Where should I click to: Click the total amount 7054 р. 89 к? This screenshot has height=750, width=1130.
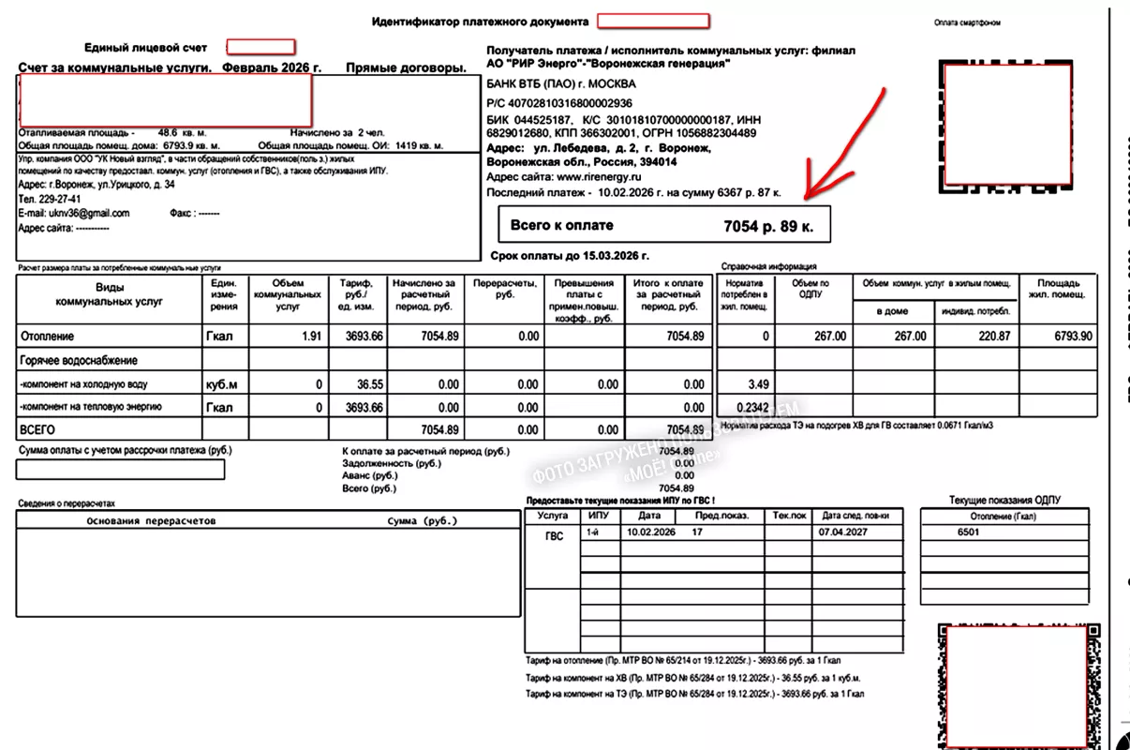pos(770,226)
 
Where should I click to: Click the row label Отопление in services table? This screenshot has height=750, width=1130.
pos(47,337)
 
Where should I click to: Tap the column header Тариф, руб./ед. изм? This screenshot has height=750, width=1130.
pos(356,294)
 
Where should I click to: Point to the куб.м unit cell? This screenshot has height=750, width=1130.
pos(221,384)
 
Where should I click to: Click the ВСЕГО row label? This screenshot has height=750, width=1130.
pos(37,429)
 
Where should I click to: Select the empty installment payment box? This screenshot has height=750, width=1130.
pos(121,470)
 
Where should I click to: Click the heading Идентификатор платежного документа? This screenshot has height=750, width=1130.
pos(480,22)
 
